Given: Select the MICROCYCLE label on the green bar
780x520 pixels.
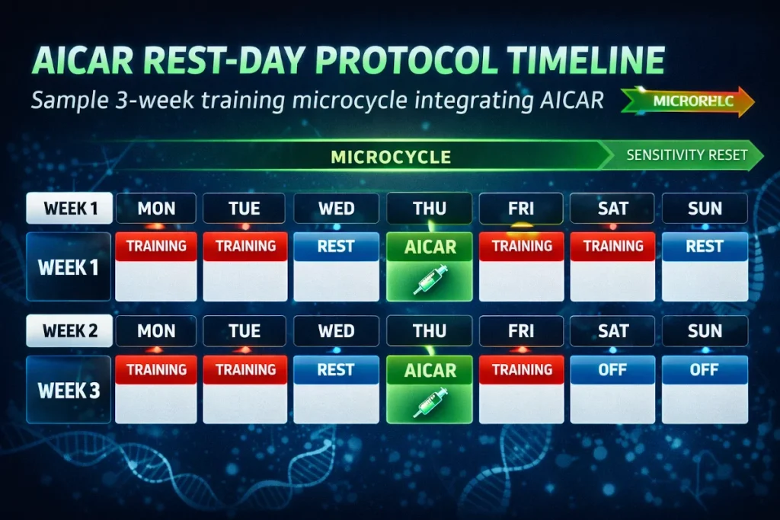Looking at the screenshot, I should (390, 157).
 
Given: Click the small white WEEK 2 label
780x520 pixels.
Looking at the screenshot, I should (69, 331).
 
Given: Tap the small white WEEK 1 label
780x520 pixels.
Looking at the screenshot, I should (69, 208).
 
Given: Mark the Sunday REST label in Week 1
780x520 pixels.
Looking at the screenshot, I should (704, 247).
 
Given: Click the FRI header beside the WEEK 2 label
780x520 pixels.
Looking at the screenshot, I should (521, 331).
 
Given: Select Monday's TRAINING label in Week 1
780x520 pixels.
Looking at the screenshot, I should (156, 246).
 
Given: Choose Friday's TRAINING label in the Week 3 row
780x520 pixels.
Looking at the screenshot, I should (521, 370).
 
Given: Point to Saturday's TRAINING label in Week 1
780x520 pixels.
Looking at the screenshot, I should (612, 246).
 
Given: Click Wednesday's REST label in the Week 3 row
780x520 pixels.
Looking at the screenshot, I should (336, 370).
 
